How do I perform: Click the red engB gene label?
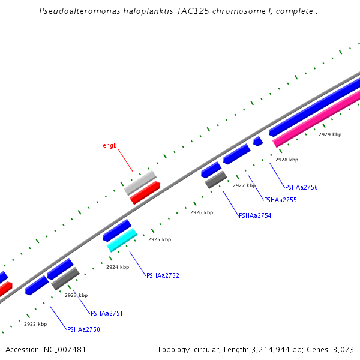tap(109, 145)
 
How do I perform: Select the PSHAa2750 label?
tap(83, 329)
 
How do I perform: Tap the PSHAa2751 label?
tap(107, 313)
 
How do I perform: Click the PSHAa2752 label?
tap(163, 275)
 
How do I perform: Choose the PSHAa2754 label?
tap(255, 215)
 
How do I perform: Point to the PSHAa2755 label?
tap(280, 200)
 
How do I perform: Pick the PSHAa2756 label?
tap(301, 187)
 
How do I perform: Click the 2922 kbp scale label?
tap(35, 324)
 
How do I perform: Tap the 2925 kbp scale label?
tap(160, 239)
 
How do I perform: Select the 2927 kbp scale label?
tap(244, 185)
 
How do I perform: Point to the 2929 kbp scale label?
tap(330, 134)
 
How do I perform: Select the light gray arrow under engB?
tap(140, 182)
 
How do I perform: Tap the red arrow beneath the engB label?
tap(145, 193)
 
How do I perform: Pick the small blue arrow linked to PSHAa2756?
tap(258, 141)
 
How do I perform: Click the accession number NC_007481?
tap(64, 349)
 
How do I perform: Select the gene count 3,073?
tap(343, 349)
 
